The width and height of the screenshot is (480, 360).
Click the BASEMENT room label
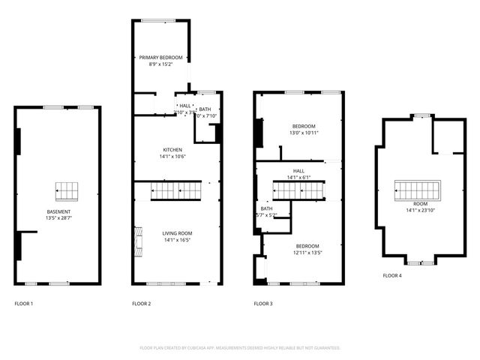pyautogui.click(x=57, y=211)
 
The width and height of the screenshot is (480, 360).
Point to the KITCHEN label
pyautogui.click(x=172, y=149)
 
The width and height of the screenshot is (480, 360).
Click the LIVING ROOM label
pyautogui.click(x=177, y=233)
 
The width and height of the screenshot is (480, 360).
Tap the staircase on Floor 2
pyautogui.click(x=177, y=191)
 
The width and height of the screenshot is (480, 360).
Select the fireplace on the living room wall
pyautogui.click(x=137, y=242)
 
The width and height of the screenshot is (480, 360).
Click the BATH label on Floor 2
pyautogui.click(x=205, y=109)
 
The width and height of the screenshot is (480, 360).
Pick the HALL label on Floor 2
pyautogui.click(x=184, y=106)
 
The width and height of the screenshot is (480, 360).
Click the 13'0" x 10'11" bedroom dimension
pyautogui.click(x=303, y=133)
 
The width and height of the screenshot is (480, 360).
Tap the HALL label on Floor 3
pyautogui.click(x=298, y=170)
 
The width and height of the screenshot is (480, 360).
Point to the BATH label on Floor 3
pyautogui.click(x=266, y=208)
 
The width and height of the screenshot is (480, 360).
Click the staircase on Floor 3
pyautogui.click(x=304, y=191)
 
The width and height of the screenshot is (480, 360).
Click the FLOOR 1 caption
pyautogui.click(x=24, y=304)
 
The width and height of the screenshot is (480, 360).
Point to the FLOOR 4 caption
pyautogui.click(x=392, y=276)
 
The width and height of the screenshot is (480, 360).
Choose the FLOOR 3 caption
pyautogui.click(x=263, y=304)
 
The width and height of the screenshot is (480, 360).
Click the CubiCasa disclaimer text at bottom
pyautogui.click(x=240, y=348)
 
